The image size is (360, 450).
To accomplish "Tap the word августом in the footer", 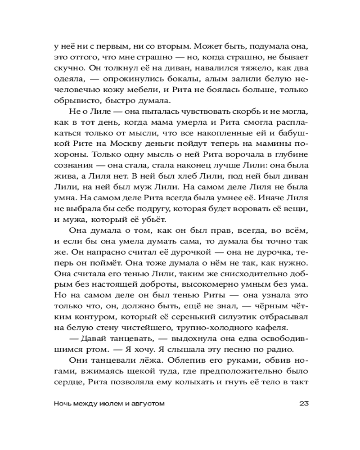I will coord(146,404).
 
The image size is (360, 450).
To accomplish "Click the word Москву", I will coord(119,146).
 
